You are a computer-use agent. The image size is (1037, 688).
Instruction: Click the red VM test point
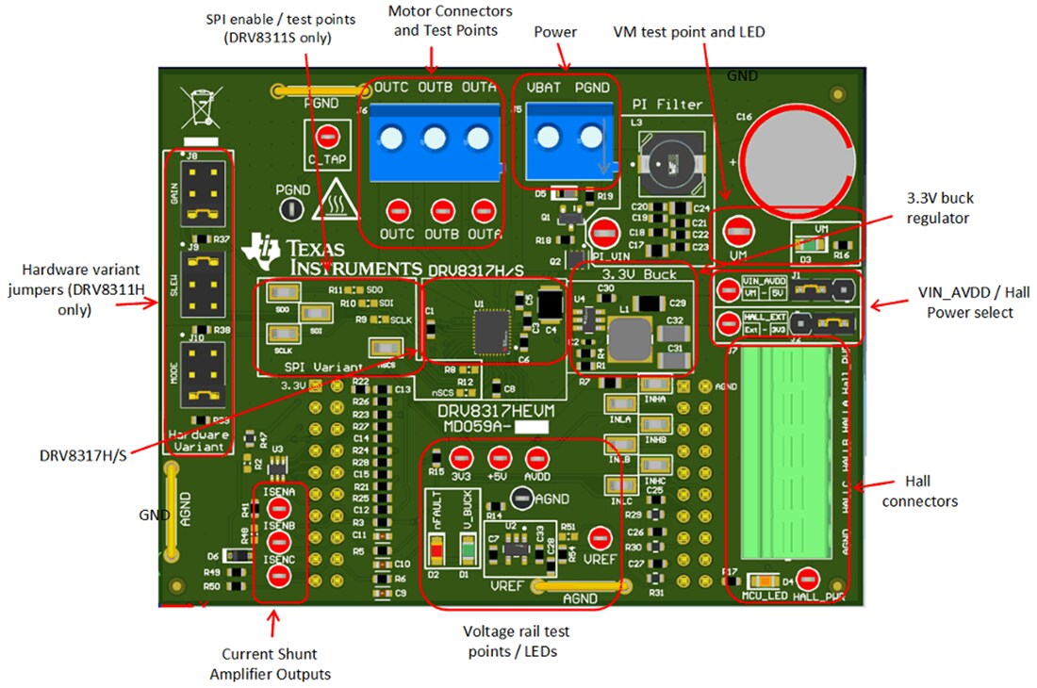738,230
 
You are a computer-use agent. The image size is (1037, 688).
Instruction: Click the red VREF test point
599,539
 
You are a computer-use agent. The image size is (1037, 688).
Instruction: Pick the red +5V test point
499,458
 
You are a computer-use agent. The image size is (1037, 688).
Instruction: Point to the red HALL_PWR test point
806,579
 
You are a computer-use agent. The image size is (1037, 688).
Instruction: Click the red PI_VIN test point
601,231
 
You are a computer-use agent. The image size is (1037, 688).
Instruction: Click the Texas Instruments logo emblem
261,249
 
